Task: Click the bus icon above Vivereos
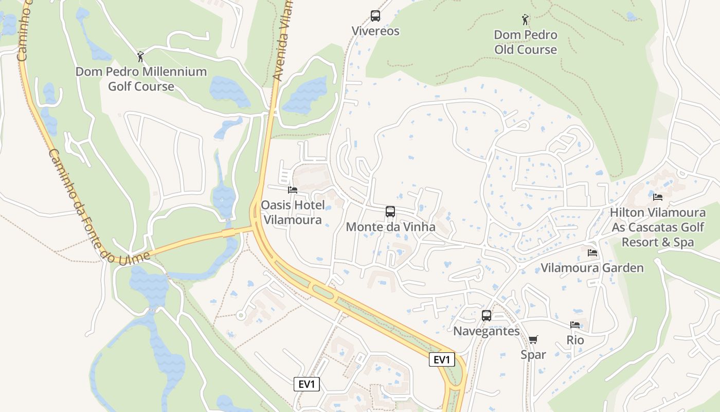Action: (x=375, y=16)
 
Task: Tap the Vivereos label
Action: (x=375, y=31)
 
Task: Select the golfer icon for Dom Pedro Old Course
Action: (x=525, y=20)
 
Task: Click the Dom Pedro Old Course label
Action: (x=526, y=42)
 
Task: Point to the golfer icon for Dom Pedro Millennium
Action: (x=140, y=57)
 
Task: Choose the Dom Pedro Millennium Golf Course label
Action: (x=141, y=79)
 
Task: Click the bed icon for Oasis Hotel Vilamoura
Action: (x=293, y=190)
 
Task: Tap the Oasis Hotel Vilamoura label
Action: (x=293, y=213)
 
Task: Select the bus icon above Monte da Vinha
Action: (x=390, y=212)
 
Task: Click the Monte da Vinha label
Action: (x=390, y=227)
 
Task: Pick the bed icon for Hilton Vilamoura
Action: (x=658, y=197)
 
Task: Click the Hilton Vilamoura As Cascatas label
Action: (x=658, y=227)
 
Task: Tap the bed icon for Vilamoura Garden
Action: (x=592, y=253)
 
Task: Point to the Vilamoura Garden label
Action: (x=592, y=268)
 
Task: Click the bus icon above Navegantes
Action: (x=487, y=316)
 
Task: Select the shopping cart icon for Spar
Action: (x=533, y=339)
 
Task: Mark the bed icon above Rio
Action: (x=575, y=325)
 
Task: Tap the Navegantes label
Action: (x=487, y=331)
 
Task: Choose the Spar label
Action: (x=533, y=354)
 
